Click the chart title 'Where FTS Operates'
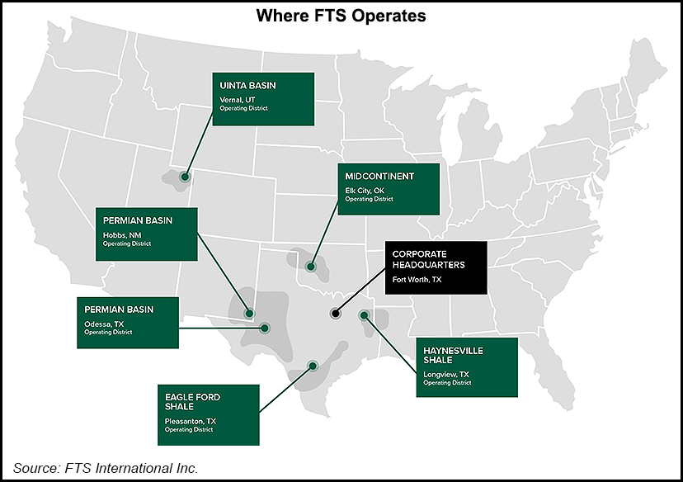click(341, 16)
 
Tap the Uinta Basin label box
click(263, 99)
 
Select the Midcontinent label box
click(389, 188)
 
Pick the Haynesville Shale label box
click(466, 366)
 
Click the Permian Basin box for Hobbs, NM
click(147, 234)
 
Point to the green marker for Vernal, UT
click(186, 177)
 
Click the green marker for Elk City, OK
click(310, 267)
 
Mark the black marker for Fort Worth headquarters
click(335, 314)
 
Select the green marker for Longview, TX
click(364, 315)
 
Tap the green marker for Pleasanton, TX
click(313, 366)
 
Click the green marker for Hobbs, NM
click(249, 314)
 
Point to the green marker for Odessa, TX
click(265, 328)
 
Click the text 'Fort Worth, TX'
click(417, 280)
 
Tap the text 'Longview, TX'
click(445, 374)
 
